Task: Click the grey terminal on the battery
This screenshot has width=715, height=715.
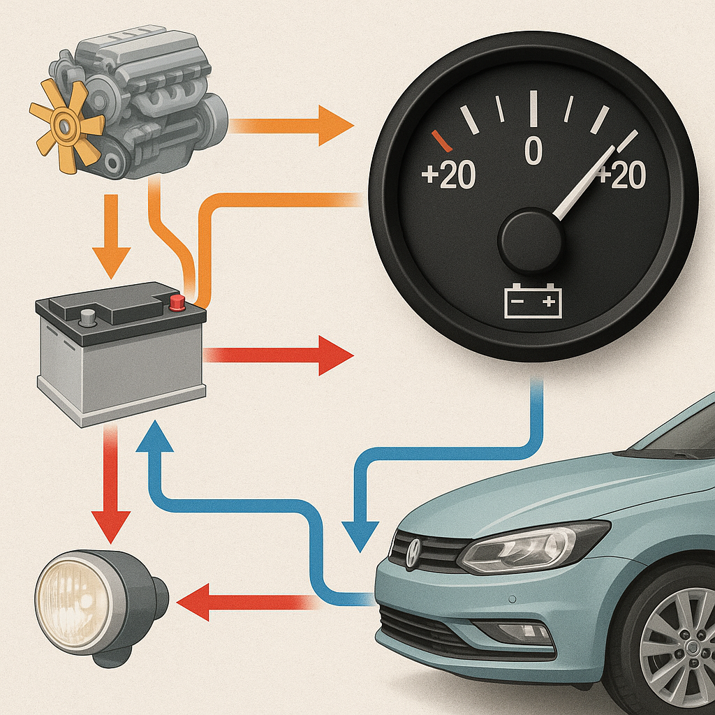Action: [87, 316]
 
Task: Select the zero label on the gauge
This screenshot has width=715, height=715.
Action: [533, 150]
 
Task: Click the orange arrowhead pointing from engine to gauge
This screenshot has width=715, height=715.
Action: [335, 125]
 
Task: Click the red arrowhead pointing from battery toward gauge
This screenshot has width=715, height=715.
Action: [335, 355]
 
